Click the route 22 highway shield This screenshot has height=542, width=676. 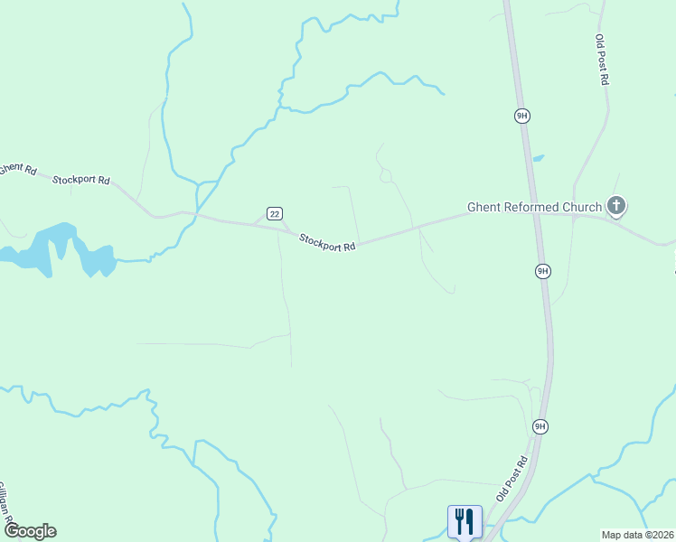click(x=275, y=213)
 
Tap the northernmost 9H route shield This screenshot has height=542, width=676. click(x=521, y=116)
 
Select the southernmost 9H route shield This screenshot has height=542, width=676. click(x=540, y=426)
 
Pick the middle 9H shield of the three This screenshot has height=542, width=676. click(x=542, y=271)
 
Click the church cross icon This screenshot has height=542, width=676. click(x=616, y=207)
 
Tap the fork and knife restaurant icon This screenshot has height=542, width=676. click(x=465, y=520)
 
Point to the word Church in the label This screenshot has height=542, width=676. click(x=582, y=208)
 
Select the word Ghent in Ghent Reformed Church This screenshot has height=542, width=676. click(x=484, y=208)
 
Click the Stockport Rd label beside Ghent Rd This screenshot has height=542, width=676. click(x=80, y=180)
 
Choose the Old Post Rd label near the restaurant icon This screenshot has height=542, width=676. click(x=511, y=480)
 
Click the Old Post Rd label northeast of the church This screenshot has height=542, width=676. click(x=602, y=60)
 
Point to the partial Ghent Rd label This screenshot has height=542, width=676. click(x=17, y=169)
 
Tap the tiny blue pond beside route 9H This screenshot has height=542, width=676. click(x=539, y=158)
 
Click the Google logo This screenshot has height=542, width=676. click(x=30, y=531)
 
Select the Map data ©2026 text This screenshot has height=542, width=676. click(x=637, y=535)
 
